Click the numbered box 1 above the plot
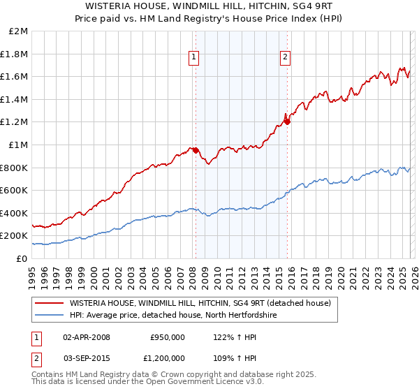[193, 58]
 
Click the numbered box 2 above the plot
[286, 58]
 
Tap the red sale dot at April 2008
[196, 150]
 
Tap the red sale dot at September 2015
[287, 121]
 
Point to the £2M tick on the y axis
[19, 31]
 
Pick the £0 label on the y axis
[22, 258]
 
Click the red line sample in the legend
[50, 303]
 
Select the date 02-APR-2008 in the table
[87, 337]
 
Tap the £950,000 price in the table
[167, 337]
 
